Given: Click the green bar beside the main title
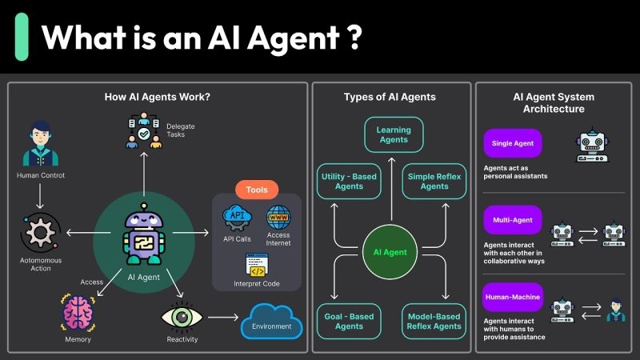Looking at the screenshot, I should (x=22, y=36).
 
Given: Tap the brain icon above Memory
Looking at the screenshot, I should (x=79, y=314).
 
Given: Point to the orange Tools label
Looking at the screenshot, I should (x=257, y=190).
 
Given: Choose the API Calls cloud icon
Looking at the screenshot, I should (x=238, y=216).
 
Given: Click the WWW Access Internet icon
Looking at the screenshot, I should (x=278, y=216).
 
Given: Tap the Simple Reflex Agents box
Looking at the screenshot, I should (x=434, y=182).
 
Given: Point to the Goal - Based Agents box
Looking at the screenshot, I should (x=349, y=321).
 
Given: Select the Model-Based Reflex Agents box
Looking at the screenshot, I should (x=434, y=321).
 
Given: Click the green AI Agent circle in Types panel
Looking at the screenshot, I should (x=390, y=252).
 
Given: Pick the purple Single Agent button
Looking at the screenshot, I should (x=513, y=143).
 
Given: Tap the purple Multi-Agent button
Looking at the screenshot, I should (x=513, y=220).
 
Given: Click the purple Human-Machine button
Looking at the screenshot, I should (x=513, y=297).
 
